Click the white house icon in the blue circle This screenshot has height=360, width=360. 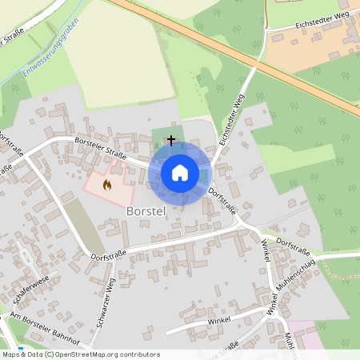pos(179,173)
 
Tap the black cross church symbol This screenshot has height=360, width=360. pos(170,140)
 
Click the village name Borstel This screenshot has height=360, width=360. pos(145,212)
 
